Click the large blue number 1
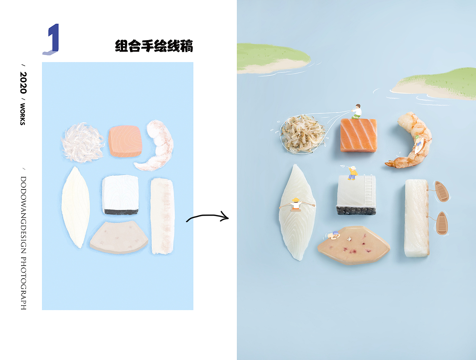pyautogui.click(x=52, y=39)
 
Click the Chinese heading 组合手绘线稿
pyautogui.click(x=154, y=46)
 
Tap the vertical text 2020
pyautogui.click(x=23, y=83)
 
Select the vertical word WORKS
pyautogui.click(x=23, y=114)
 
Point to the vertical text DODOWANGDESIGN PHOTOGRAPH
pyautogui.click(x=23, y=243)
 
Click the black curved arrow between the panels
pyautogui.click(x=208, y=217)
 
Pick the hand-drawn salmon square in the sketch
pyautogui.click(x=125, y=142)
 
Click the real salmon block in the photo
pyautogui.click(x=358, y=136)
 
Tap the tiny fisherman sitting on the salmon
pyautogui.click(x=357, y=111)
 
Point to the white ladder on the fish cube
pyautogui.click(x=368, y=189)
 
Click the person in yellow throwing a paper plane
pyautogui.click(x=353, y=173)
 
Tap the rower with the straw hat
pyautogui.click(x=296, y=205)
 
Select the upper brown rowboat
pyautogui.click(x=442, y=191)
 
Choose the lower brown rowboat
pyautogui.click(x=441, y=223)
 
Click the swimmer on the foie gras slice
pyautogui.click(x=334, y=235)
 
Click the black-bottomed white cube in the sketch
pyautogui.click(x=120, y=195)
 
